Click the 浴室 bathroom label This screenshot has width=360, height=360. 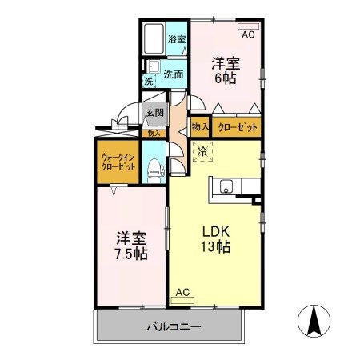(x=177, y=39)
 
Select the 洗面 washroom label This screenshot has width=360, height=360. (x=174, y=74)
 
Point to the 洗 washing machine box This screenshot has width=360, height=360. (x=148, y=81)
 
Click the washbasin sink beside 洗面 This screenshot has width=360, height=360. (x=152, y=66)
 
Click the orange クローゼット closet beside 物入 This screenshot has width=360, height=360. (x=237, y=126)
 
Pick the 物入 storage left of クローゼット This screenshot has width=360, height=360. (x=200, y=126)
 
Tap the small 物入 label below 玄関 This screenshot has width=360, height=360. (x=154, y=134)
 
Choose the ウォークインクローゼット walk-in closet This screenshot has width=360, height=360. (x=118, y=162)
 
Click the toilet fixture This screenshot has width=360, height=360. (x=154, y=169)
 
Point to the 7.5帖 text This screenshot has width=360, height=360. (x=128, y=254)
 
